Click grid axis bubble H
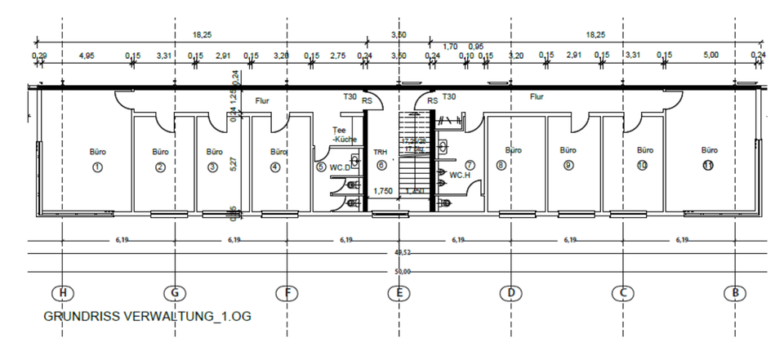(x=60, y=293)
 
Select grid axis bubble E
(x=398, y=293)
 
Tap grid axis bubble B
(x=735, y=293)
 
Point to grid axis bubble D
(x=510, y=293)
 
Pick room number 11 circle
(x=709, y=166)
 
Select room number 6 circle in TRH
(x=381, y=166)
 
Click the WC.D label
(x=340, y=167)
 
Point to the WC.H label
(x=459, y=175)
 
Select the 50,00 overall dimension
(x=402, y=271)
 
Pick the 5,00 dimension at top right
(x=710, y=56)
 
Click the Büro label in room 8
(x=513, y=150)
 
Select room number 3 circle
(x=213, y=167)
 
